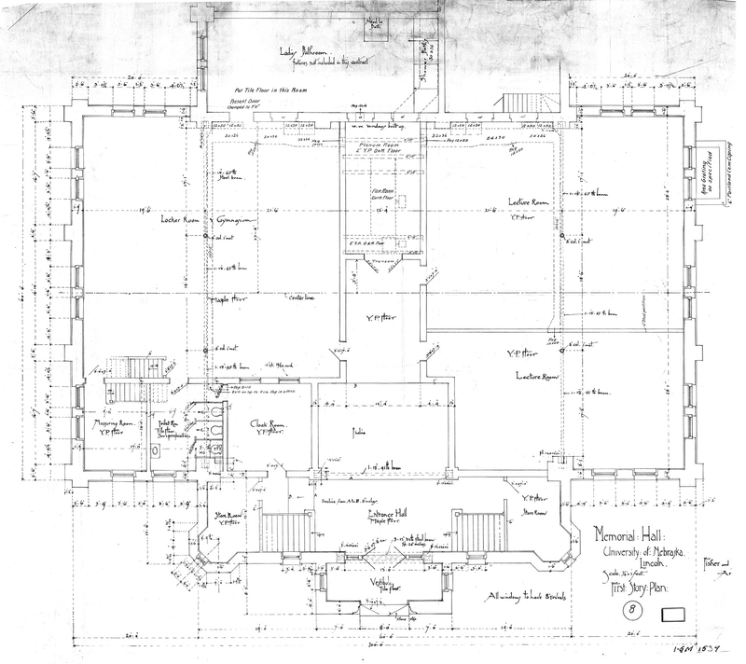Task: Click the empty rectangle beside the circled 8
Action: tap(674, 616)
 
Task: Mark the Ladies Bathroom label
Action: tap(308, 51)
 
